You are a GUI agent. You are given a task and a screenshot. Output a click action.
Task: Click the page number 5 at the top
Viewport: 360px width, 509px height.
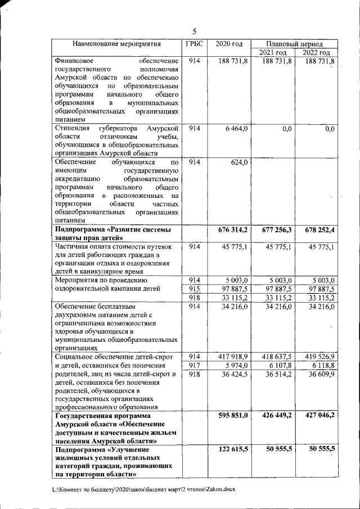194,31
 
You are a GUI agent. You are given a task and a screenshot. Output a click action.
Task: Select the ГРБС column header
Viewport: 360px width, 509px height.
195,43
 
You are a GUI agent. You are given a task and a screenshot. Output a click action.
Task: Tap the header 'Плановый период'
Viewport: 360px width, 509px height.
294,43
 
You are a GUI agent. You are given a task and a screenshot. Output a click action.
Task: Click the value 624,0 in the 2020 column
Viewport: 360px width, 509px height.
240,163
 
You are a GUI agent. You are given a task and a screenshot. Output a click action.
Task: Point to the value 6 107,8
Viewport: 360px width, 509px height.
280,365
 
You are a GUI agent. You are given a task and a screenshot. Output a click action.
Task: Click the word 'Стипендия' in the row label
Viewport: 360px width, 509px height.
71,129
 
